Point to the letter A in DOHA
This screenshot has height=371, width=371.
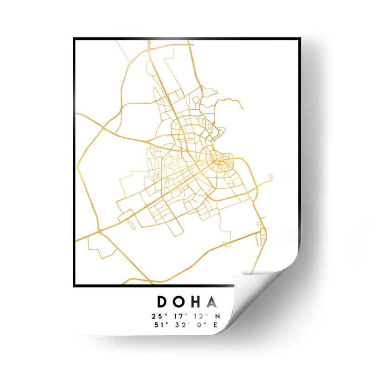211,302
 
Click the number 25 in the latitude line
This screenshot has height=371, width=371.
155,316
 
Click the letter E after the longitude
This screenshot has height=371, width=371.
215,325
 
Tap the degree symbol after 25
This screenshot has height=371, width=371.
163,314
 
